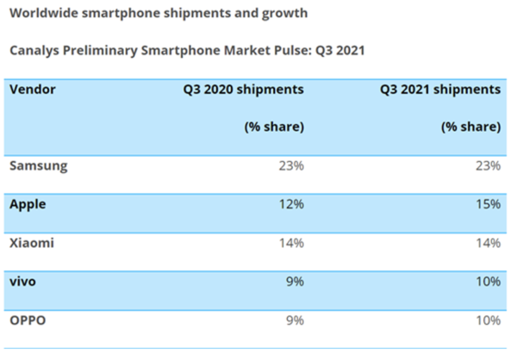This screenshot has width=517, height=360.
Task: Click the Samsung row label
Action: (x=37, y=165)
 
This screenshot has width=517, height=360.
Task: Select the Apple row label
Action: (x=28, y=204)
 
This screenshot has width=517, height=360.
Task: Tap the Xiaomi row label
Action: (x=32, y=243)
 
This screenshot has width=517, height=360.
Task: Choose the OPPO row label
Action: (x=28, y=320)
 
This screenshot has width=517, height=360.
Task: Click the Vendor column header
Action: (x=33, y=89)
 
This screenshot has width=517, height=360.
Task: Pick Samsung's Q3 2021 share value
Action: (x=486, y=165)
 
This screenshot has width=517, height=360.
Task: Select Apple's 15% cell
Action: (x=486, y=204)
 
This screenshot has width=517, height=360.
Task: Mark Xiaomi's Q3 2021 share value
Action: (x=486, y=243)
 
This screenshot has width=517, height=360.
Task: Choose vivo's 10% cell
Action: (x=486, y=282)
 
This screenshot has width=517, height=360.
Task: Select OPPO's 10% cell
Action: (x=486, y=320)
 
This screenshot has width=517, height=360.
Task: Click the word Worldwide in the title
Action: (x=45, y=14)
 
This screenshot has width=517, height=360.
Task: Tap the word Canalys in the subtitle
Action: (x=35, y=50)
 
